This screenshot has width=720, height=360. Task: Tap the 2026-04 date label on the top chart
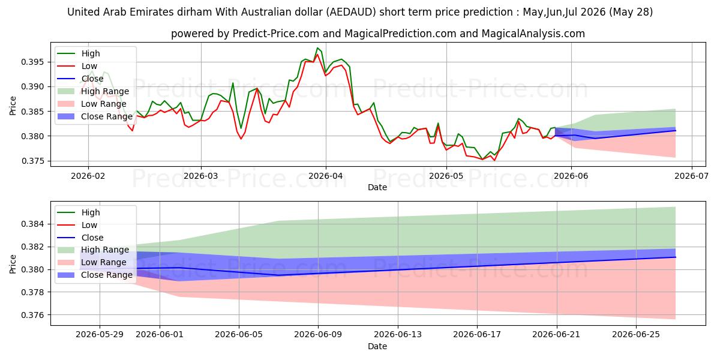(326, 176)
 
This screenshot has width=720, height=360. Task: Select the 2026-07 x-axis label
(691, 176)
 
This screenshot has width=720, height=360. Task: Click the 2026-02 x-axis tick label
(88, 176)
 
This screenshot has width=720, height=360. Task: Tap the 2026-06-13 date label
(398, 335)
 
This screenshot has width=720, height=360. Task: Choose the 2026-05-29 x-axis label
(100, 335)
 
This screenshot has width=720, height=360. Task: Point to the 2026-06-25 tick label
(636, 335)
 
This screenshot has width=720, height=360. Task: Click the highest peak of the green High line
(317, 48)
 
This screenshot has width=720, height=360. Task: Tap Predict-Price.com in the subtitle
(276, 34)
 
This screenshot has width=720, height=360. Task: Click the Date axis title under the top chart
(377, 187)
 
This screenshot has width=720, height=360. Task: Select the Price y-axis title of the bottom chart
(13, 264)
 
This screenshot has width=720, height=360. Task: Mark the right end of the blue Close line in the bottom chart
(676, 257)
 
